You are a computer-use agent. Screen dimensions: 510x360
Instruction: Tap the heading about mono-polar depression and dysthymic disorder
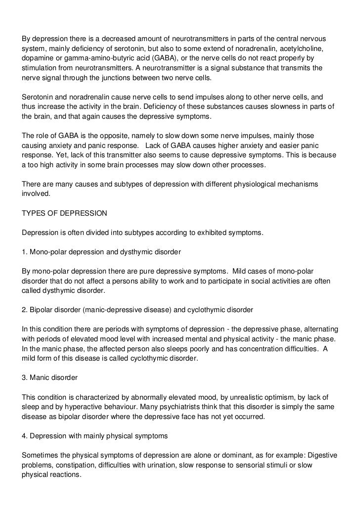coord(101,252)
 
